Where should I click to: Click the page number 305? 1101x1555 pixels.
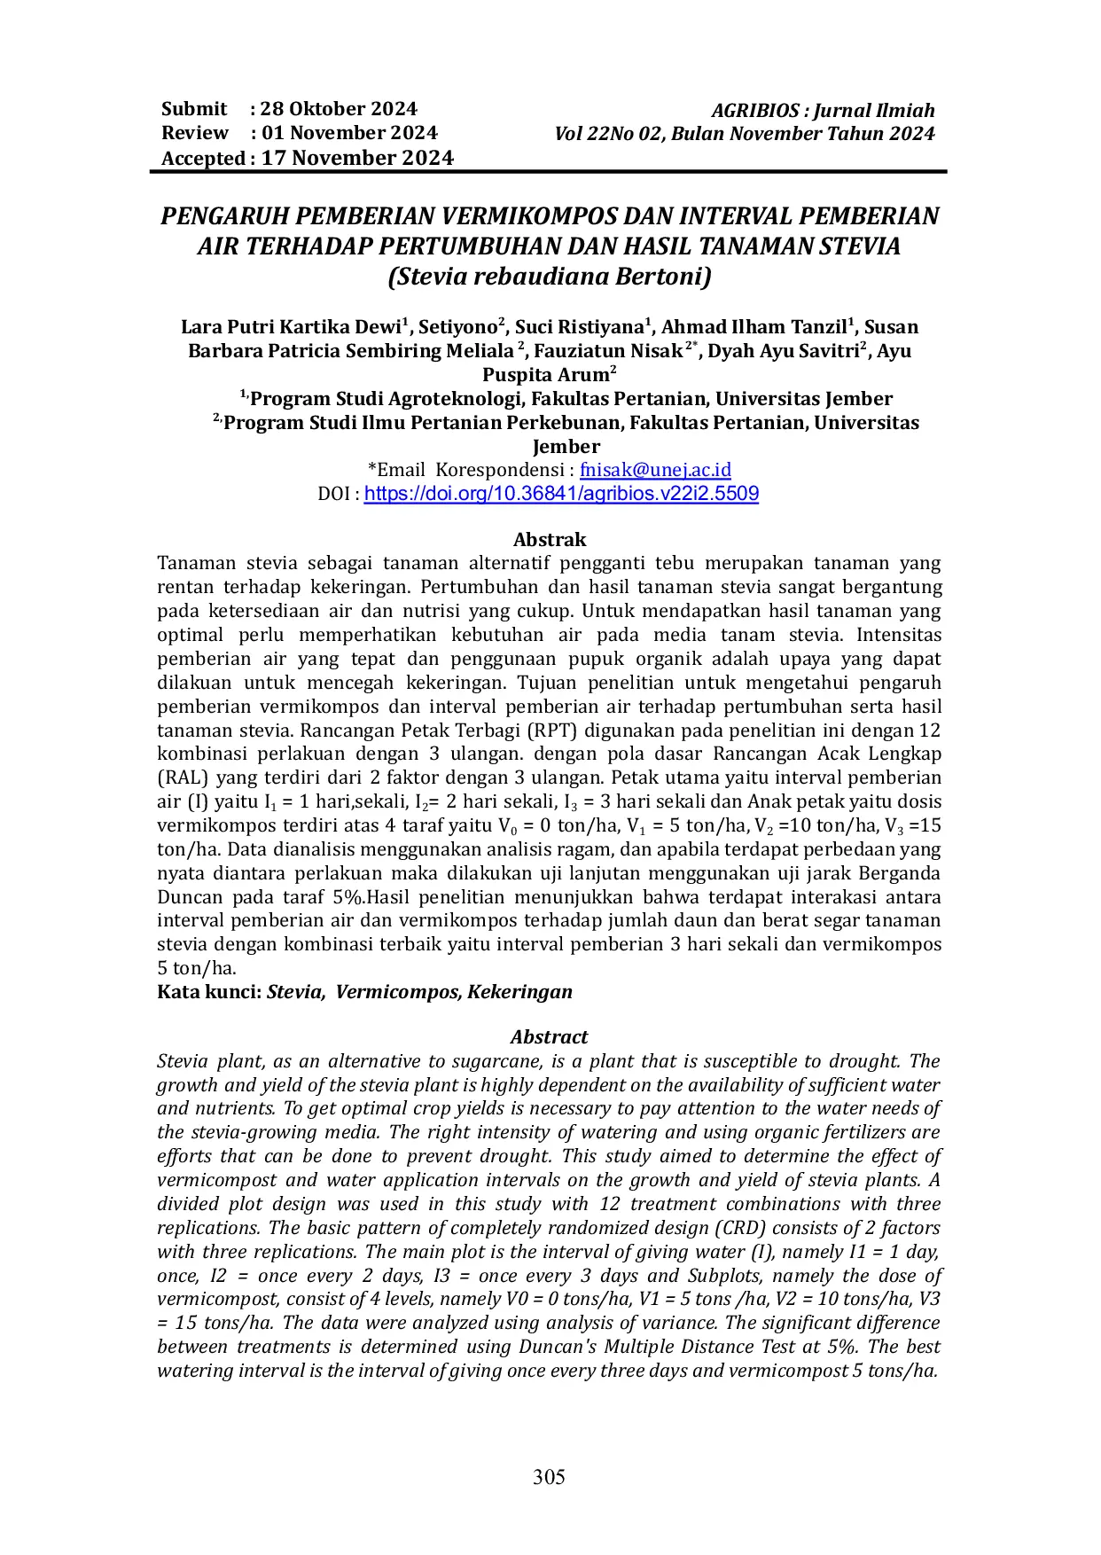(549, 1476)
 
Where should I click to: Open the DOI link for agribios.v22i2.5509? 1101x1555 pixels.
(561, 494)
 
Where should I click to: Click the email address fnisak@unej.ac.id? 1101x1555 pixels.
(655, 470)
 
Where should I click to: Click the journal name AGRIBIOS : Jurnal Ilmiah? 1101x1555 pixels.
(823, 111)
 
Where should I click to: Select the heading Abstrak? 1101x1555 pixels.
(550, 539)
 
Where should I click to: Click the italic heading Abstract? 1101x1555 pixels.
(549, 1036)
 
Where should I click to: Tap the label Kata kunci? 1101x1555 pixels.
(209, 991)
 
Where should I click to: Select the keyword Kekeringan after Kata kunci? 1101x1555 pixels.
(519, 991)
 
